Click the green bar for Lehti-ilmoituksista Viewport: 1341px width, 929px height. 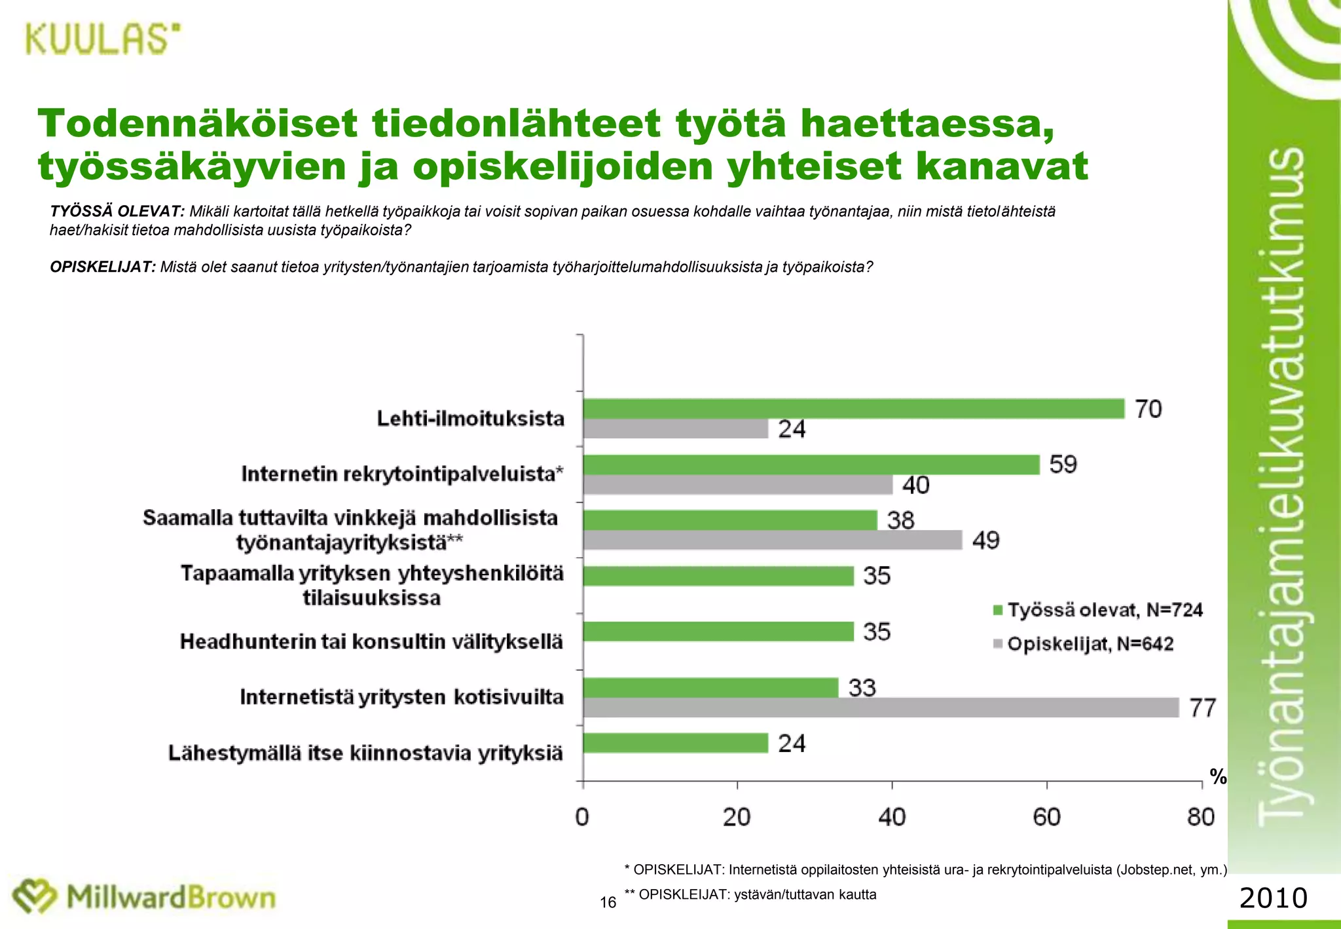(x=853, y=409)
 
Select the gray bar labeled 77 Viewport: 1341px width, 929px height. (x=881, y=708)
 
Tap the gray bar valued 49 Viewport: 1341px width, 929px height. (x=773, y=540)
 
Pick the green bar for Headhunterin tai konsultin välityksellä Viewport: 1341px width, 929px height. (x=718, y=632)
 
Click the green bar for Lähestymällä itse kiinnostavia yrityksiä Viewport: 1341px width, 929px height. (x=675, y=743)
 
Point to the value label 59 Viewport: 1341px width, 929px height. (x=1063, y=464)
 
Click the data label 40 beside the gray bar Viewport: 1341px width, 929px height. (x=915, y=485)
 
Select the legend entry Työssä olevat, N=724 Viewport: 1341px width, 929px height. (x=1098, y=610)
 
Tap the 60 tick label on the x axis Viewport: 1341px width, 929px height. (x=1046, y=817)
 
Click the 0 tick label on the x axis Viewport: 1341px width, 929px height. (x=582, y=817)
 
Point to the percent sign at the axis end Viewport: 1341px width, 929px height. (x=1218, y=777)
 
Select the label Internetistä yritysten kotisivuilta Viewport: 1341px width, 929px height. (x=401, y=696)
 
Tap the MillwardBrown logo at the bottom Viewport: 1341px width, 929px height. (x=145, y=897)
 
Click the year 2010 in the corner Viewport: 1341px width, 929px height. (x=1273, y=898)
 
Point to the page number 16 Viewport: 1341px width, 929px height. (x=608, y=903)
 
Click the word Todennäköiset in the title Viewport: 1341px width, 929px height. (x=198, y=124)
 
